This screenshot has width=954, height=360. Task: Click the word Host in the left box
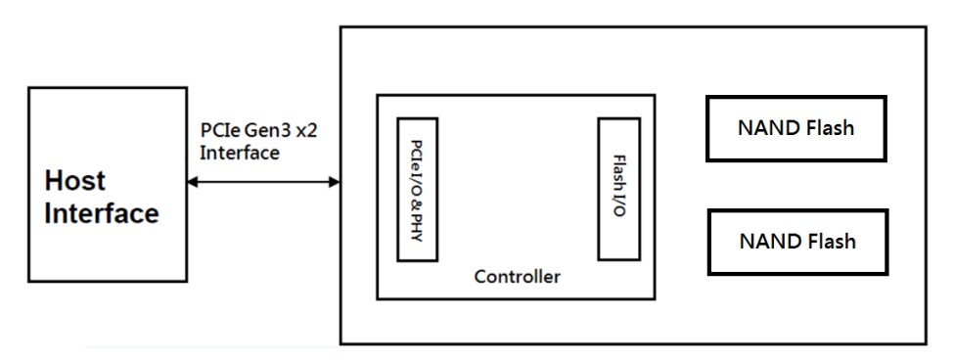74,183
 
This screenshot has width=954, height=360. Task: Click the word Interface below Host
101,213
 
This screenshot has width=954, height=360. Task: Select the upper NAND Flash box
795,128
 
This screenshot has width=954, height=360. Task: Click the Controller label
517,277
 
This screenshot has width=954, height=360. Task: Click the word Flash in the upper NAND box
830,128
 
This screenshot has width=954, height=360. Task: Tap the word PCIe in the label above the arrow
217,132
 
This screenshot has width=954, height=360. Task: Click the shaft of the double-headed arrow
264,182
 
